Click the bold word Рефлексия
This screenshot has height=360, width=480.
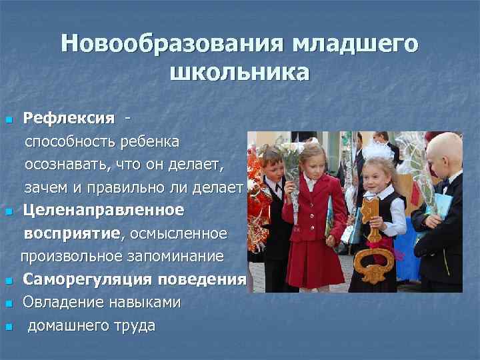(x=69, y=119)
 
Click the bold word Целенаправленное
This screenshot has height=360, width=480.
(x=103, y=211)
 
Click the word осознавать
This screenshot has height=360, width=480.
(x=65, y=165)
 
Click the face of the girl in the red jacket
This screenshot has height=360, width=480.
(x=311, y=161)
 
